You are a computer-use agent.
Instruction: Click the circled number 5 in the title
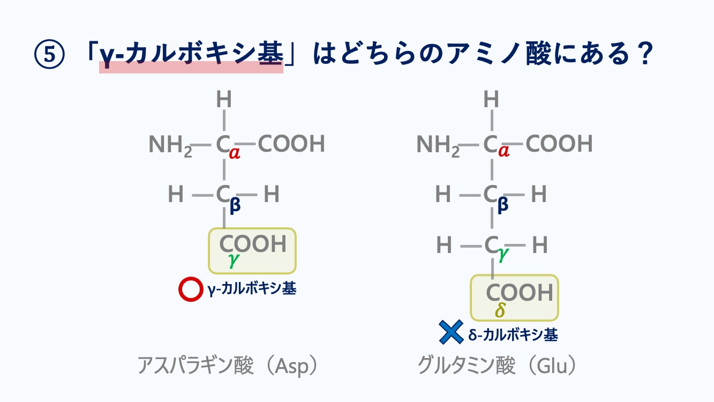click(49, 54)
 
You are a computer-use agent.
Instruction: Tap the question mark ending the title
click(644, 53)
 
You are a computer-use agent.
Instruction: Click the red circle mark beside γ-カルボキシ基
click(191, 289)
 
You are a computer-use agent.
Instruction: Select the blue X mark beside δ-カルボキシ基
click(451, 332)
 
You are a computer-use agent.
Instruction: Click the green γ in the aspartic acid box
click(234, 260)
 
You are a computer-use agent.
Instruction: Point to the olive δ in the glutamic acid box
click(500, 309)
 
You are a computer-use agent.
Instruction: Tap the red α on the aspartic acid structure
click(235, 153)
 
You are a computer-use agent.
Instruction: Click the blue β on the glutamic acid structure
click(502, 205)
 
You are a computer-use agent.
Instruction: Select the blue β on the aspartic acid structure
click(235, 205)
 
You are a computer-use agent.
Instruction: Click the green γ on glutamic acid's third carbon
click(503, 254)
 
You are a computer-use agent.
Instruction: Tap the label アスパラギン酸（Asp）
click(228, 366)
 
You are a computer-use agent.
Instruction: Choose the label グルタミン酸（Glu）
click(497, 366)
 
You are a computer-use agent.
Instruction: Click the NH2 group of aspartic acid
click(170, 145)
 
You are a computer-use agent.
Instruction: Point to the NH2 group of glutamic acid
click(438, 145)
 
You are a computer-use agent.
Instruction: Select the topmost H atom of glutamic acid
click(491, 99)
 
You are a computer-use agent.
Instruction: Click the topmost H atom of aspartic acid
click(224, 99)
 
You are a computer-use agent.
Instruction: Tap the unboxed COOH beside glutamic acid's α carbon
click(559, 144)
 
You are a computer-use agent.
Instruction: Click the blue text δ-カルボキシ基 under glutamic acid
click(513, 334)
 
